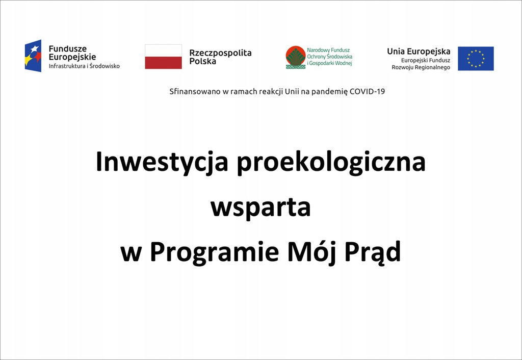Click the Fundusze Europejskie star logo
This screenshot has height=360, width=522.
pos(33,56)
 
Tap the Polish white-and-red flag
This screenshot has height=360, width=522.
pos(164,57)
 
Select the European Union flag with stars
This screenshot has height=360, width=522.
pos(476,59)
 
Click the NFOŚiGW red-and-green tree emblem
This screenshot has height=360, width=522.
pos(296,57)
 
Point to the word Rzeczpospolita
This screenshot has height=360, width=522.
pos(220,53)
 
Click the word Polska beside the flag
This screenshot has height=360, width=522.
pos(203,61)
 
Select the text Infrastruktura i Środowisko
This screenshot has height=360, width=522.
pos(84,66)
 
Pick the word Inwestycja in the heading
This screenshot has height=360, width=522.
pos(162,162)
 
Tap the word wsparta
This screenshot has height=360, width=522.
pos(260,208)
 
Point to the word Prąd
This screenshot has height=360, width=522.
pos(373,252)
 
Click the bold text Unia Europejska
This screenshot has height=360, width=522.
pos(419,52)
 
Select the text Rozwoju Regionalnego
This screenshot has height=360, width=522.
pos(421,67)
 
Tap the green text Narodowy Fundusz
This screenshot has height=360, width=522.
pos(328,50)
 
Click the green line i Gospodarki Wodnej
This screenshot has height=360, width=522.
pos(330,63)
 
